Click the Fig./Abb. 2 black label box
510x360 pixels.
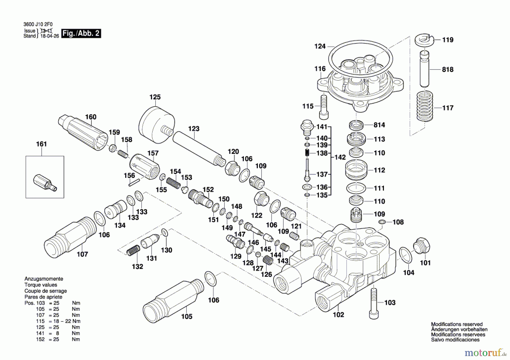[81, 33]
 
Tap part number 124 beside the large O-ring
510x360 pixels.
[320, 46]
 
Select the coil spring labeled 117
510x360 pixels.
[424, 106]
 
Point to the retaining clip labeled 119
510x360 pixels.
[424, 40]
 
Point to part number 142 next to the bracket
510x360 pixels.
[340, 157]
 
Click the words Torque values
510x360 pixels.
[41, 285]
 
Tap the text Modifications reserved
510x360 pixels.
[456, 324]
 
